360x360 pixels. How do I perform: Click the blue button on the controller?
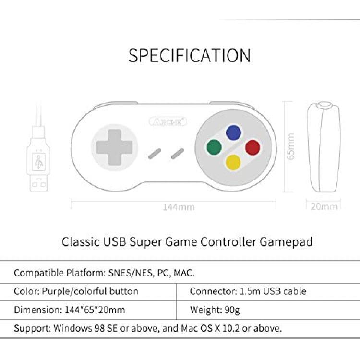233,132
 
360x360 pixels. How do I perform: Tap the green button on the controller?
214,147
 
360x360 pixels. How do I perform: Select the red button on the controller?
252,147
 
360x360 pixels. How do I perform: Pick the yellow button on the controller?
233,162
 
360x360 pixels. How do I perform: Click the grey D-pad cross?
115,147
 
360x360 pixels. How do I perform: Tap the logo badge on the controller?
168,121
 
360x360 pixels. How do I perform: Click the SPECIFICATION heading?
190,56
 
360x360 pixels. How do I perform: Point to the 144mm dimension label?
179,207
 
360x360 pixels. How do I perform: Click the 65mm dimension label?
291,146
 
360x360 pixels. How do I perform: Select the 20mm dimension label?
324,206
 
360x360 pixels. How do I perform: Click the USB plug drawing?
38,158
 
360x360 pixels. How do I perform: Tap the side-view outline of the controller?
324,147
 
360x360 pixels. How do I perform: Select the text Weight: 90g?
215,310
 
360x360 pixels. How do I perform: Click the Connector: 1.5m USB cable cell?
248,291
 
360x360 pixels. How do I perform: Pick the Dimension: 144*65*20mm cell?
69,310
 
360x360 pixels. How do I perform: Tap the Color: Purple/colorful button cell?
76,291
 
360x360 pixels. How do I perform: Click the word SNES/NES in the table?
130,273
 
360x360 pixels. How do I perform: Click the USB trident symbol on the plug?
38,162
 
